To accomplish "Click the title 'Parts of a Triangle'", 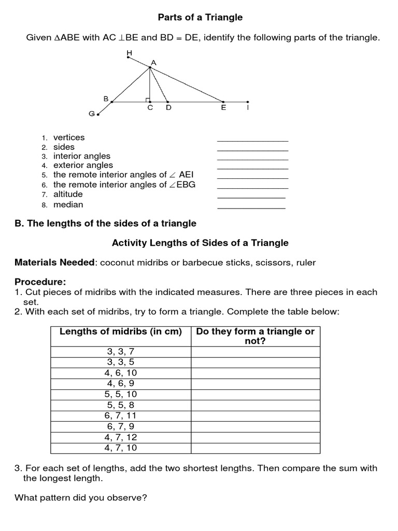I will (x=200, y=18).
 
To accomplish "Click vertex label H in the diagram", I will (x=129, y=53).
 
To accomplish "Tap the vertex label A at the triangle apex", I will (x=153, y=62).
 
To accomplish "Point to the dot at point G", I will (x=97, y=114).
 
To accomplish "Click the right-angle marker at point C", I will (x=148, y=100).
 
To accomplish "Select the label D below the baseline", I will (x=168, y=108).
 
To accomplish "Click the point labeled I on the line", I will (x=248, y=102).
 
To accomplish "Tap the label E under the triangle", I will (x=223, y=108).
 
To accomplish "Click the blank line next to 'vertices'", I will (x=252, y=140).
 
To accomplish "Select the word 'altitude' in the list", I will (x=68, y=194).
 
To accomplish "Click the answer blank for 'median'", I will (x=251, y=207).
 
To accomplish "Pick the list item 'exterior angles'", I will (x=83, y=165).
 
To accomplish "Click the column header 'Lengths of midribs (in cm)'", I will (x=121, y=332).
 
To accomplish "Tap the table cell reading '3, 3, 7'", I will (x=121, y=352).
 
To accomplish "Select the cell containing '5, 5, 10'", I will (x=121, y=395).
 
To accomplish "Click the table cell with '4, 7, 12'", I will (x=121, y=437).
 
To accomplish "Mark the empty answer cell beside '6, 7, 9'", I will (x=255, y=426).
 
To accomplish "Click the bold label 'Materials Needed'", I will (x=55, y=263).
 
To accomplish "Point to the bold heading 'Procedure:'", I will (x=40, y=282).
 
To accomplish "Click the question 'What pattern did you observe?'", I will (x=81, y=498).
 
